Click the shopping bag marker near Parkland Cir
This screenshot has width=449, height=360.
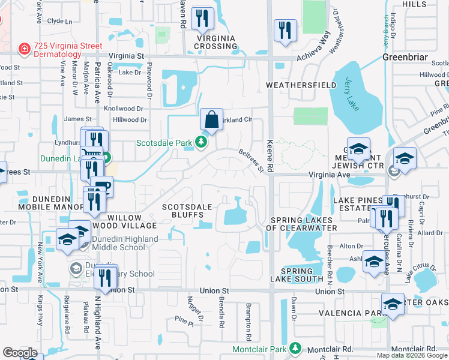pos(212,120)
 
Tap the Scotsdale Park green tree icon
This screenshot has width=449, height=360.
pos(202,143)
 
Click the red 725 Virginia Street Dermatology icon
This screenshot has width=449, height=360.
pos(24,47)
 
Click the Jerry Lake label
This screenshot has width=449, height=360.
pos(352,93)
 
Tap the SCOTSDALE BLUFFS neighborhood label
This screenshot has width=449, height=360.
pos(187,211)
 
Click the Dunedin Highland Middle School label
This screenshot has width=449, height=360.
pos(125,243)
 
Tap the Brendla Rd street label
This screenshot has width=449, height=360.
pos(221,314)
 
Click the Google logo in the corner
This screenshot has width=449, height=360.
pos(20,353)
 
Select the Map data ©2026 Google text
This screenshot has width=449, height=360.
pos(412,355)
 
